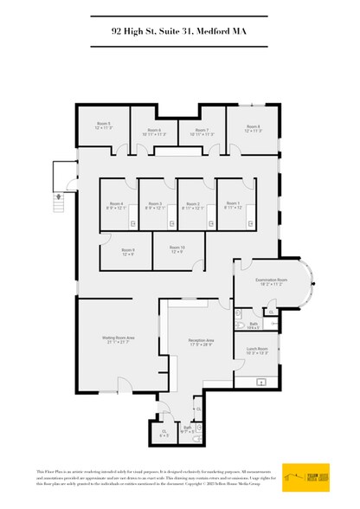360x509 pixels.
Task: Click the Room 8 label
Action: tap(252, 126)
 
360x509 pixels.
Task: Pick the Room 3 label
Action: tap(156, 204)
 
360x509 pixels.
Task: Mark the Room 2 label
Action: tap(195, 204)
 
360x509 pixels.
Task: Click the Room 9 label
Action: tap(127, 251)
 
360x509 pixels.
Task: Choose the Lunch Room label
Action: tap(257, 351)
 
